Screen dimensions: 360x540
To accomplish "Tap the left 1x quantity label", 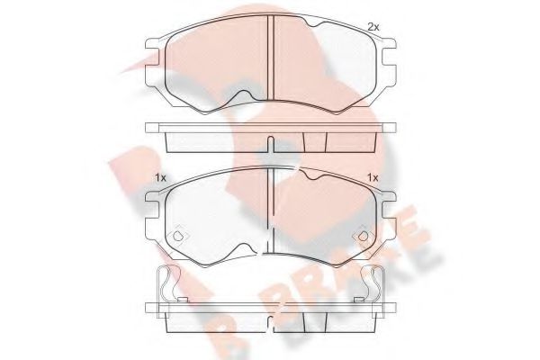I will pos(160,178).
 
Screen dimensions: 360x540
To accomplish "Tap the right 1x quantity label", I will pos(371,178).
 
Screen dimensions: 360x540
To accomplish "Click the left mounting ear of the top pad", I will pos(154,58).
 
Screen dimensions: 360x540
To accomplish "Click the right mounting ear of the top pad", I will pos(389,58).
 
